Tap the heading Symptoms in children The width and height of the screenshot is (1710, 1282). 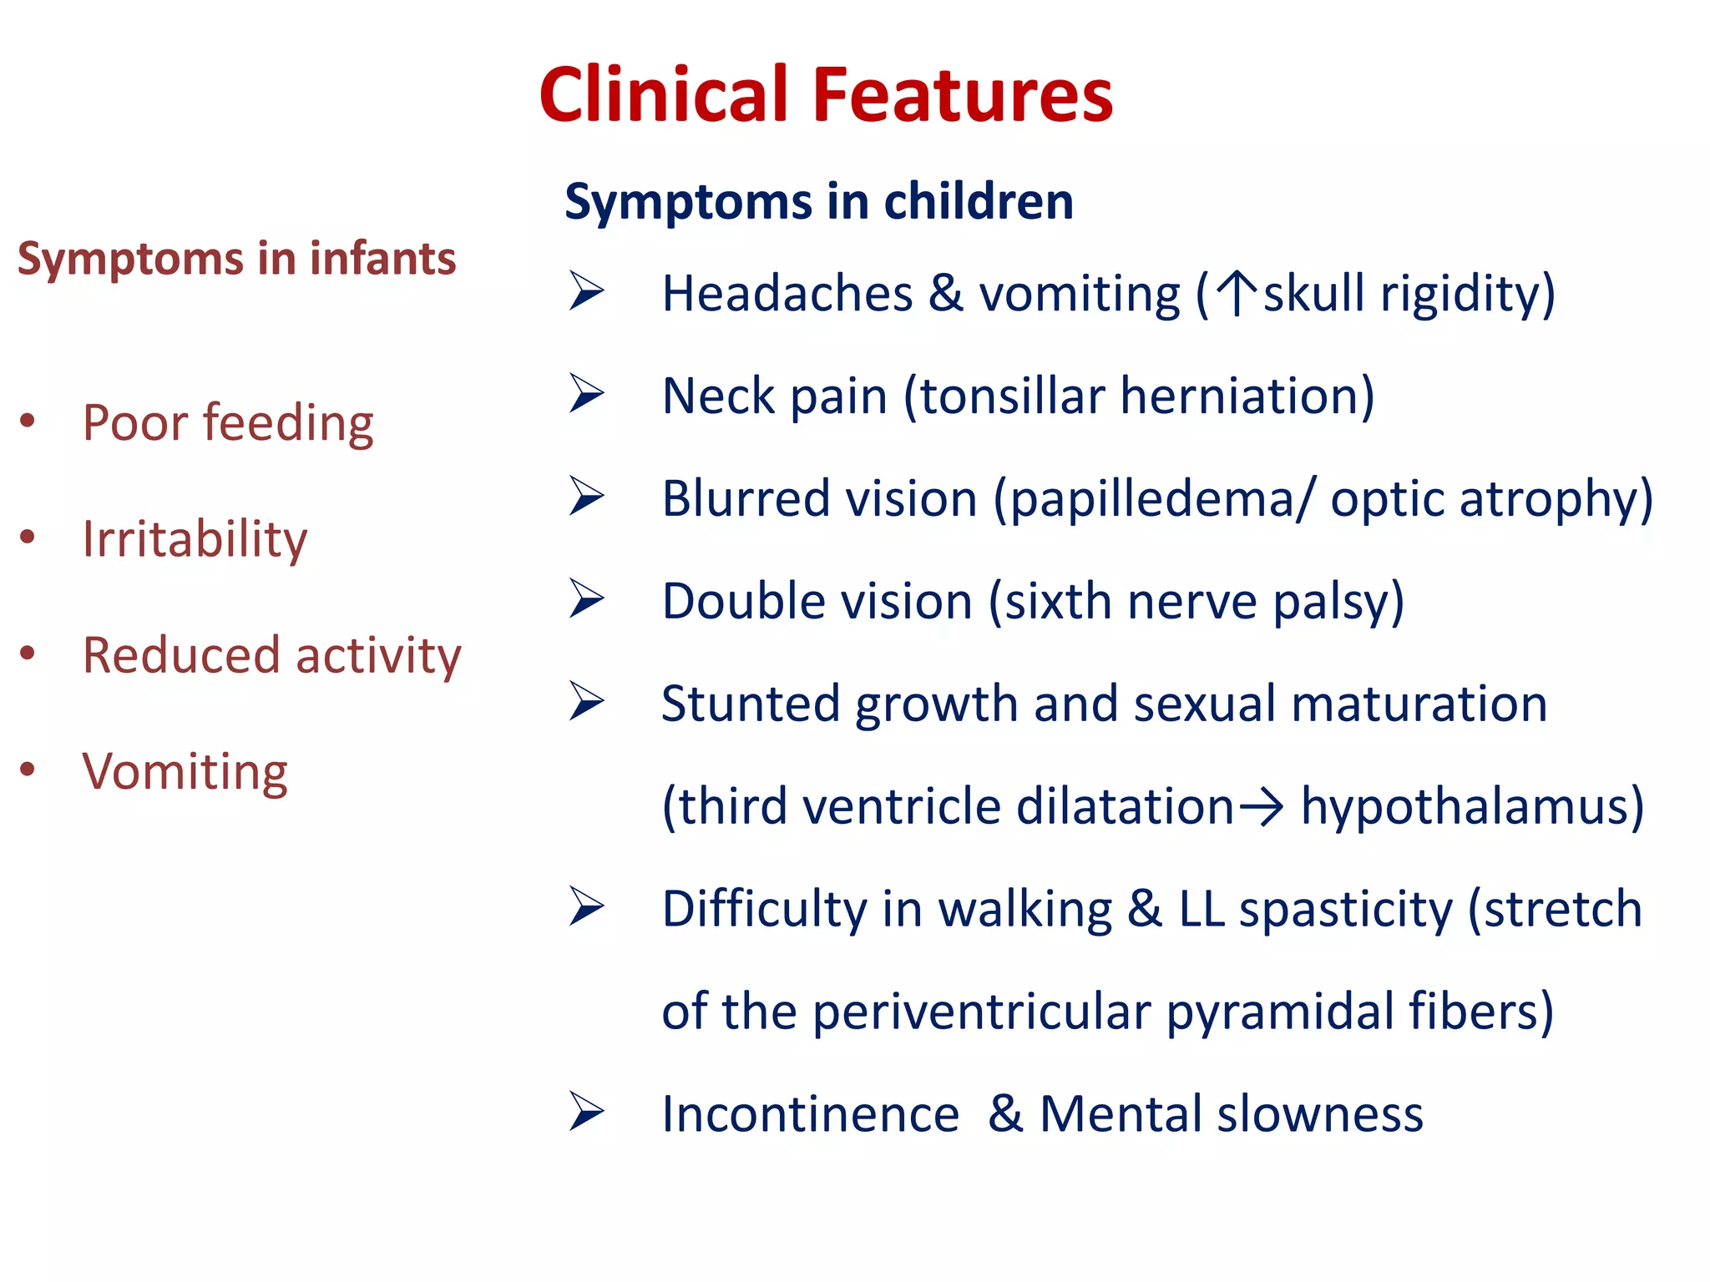tap(818, 201)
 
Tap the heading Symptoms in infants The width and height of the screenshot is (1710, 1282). tap(236, 258)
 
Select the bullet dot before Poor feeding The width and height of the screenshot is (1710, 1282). tap(28, 420)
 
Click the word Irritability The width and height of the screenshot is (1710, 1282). tap(195, 539)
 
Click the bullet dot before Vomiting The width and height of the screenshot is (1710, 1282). tap(28, 769)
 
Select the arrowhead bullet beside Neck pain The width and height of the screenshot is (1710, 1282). tap(587, 394)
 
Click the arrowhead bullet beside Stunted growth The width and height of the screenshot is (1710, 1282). tap(587, 701)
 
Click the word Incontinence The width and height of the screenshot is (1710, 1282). tap(810, 1114)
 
